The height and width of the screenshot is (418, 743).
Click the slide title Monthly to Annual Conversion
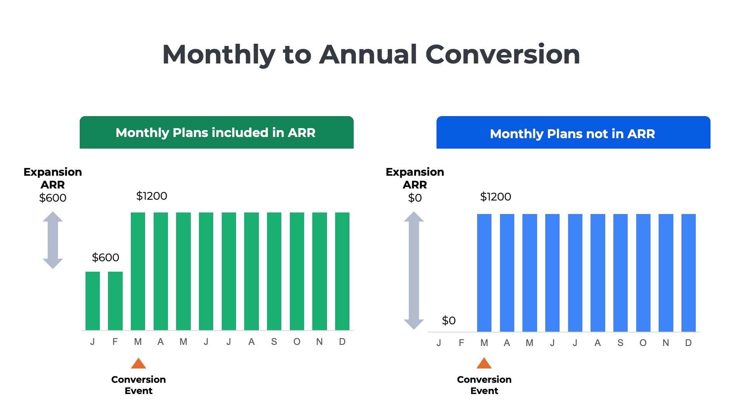coord(371,55)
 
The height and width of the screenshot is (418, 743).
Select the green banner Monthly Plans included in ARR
coord(216,132)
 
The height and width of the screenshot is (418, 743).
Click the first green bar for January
coord(92,301)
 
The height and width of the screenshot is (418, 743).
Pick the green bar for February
coord(115,301)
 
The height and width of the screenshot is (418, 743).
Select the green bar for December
coord(342,271)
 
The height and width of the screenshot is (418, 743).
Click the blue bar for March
coord(484,272)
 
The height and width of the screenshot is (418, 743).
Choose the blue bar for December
coord(688,272)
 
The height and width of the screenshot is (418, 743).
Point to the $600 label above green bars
coord(105,257)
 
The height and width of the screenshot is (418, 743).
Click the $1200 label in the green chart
coord(151,196)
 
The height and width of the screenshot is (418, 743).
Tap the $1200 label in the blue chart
coord(495,197)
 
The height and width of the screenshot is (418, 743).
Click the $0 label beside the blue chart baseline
coord(449,320)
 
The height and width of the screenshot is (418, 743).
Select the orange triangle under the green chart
coord(139,363)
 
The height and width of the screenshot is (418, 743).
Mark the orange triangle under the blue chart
coord(484,363)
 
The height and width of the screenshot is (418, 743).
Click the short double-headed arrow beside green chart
coord(53,240)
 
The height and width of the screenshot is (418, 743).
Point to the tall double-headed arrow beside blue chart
coord(414,270)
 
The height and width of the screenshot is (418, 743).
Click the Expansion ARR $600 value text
coord(53,198)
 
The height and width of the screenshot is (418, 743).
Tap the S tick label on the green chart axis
coord(274,342)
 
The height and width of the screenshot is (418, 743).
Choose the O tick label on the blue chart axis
coord(643,343)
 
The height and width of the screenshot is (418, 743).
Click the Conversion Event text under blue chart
coord(484,385)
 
